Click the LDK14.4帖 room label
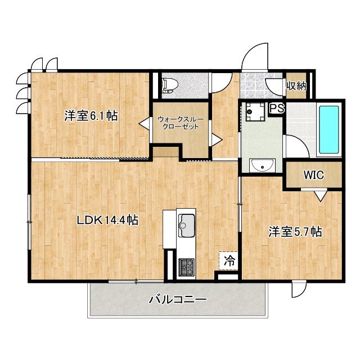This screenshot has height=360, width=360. click(x=107, y=220)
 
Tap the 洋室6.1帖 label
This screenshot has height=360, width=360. click(x=91, y=115)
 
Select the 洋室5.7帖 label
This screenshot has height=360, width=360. click(x=295, y=232)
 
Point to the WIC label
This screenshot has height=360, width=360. click(x=314, y=175)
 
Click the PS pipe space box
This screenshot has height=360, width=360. click(x=277, y=108)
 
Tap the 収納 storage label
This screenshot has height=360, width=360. click(x=296, y=85)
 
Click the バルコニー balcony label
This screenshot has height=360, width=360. click(x=178, y=300)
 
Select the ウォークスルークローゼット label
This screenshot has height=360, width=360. click(x=181, y=123)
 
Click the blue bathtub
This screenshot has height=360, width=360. click(x=329, y=129)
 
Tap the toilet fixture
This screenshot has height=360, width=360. click(x=169, y=85)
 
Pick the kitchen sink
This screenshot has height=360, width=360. click(x=187, y=225)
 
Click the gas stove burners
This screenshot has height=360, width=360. click(x=187, y=267)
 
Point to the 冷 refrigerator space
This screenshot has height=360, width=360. click(x=229, y=261)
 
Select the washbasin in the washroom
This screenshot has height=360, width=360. click(x=263, y=165)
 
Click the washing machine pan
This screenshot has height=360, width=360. click(x=255, y=111)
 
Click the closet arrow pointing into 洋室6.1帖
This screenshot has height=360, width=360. click(x=145, y=124)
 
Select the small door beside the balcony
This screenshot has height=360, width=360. click(x=299, y=289)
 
